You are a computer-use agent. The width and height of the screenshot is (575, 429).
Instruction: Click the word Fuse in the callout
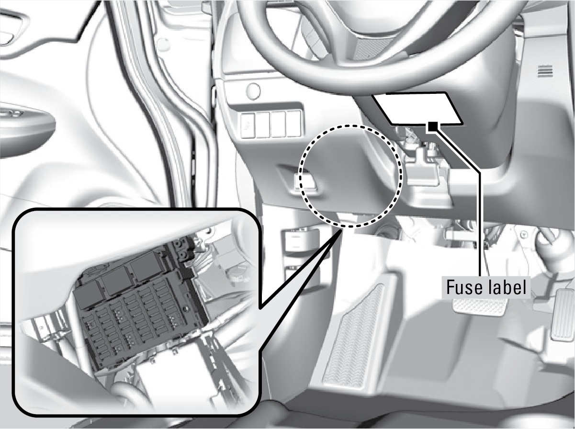462,287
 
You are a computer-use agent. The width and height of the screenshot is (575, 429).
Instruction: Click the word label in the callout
505,287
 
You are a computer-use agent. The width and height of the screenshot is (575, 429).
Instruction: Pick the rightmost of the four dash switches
293,124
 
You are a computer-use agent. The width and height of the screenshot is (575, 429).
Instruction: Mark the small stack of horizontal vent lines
546,71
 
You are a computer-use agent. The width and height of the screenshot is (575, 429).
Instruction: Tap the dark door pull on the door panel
27,123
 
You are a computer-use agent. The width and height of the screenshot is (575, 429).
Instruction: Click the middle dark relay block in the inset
116,285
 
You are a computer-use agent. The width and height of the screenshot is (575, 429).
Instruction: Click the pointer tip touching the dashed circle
341,228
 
